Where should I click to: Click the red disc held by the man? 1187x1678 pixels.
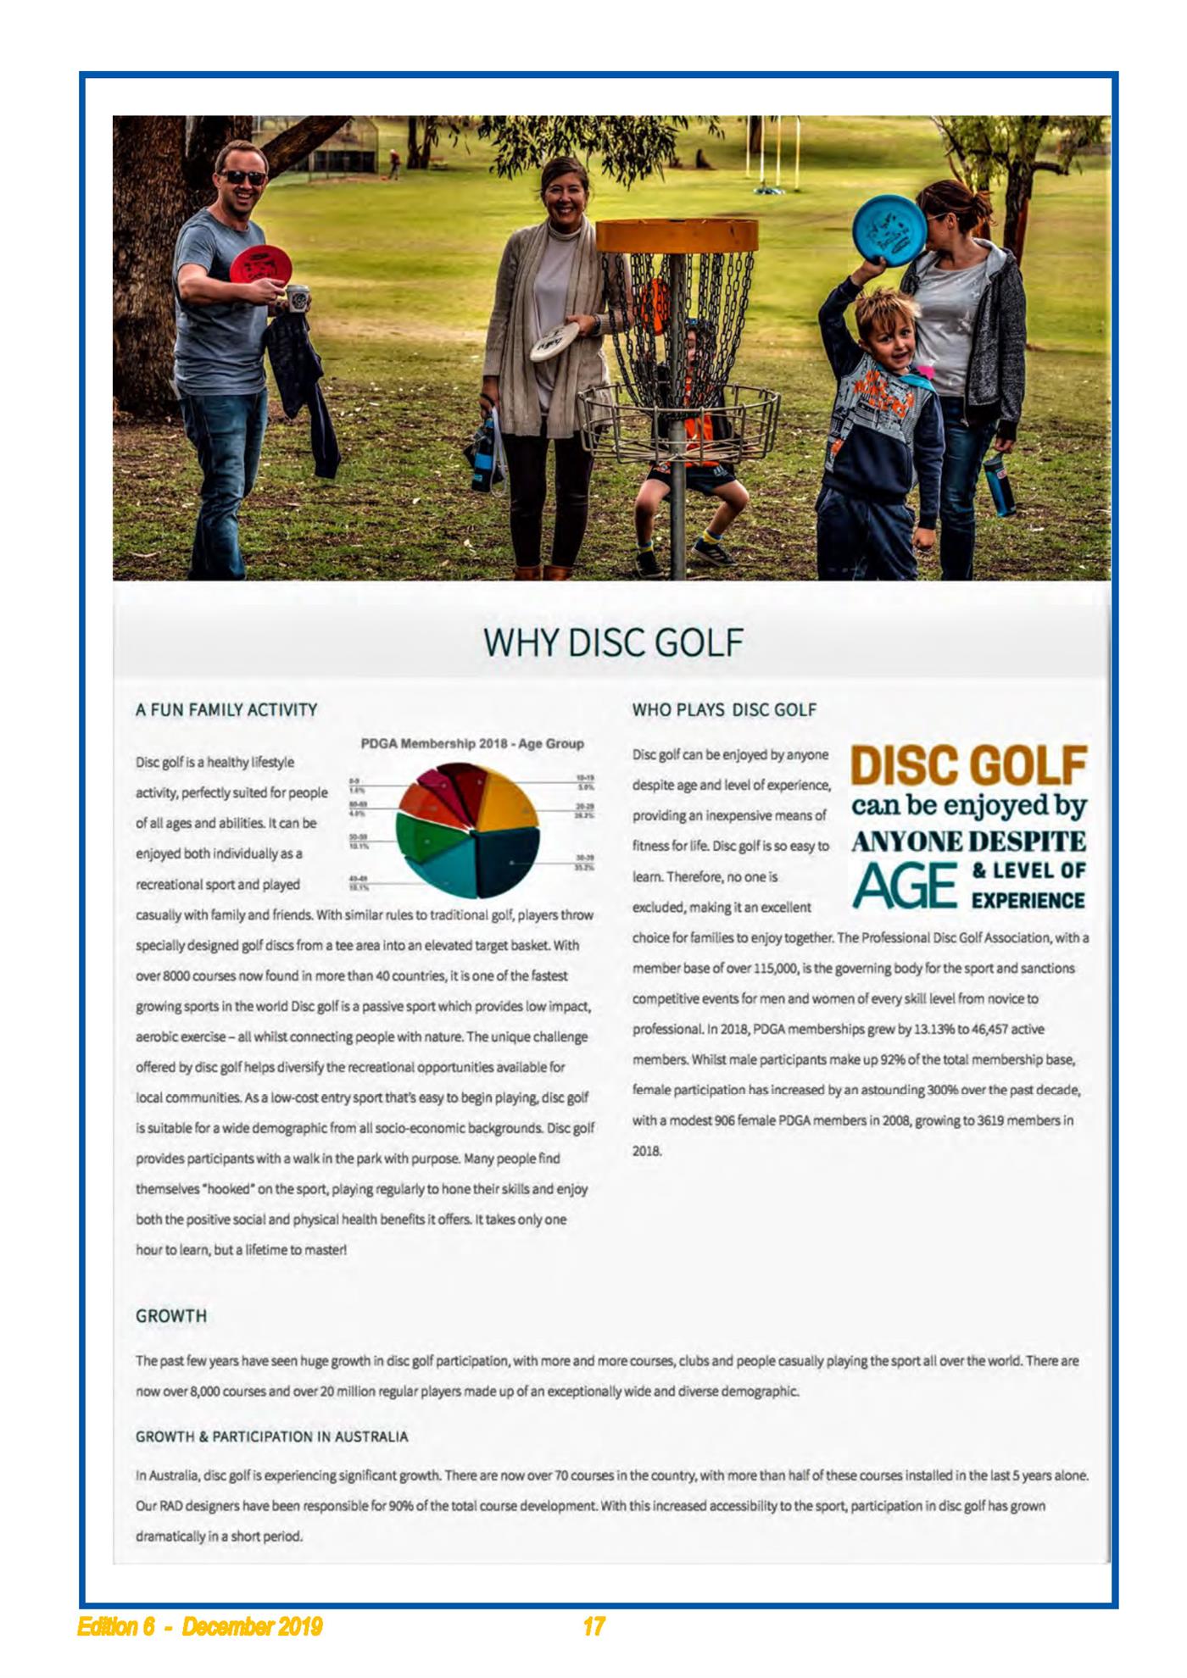point(260,265)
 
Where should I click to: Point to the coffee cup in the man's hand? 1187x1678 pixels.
point(298,300)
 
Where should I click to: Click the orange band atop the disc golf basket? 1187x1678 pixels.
point(677,235)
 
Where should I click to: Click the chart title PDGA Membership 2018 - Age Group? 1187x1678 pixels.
point(472,743)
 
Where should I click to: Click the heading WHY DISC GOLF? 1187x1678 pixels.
point(612,642)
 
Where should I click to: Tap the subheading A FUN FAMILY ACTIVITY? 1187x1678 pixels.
point(226,709)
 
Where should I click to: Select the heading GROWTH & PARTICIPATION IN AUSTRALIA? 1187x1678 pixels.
point(271,1436)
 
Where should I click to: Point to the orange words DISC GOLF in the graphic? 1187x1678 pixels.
point(968,764)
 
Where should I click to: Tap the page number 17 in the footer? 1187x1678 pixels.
point(593,1626)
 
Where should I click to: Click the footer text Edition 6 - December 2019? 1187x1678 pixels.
point(200,1626)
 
